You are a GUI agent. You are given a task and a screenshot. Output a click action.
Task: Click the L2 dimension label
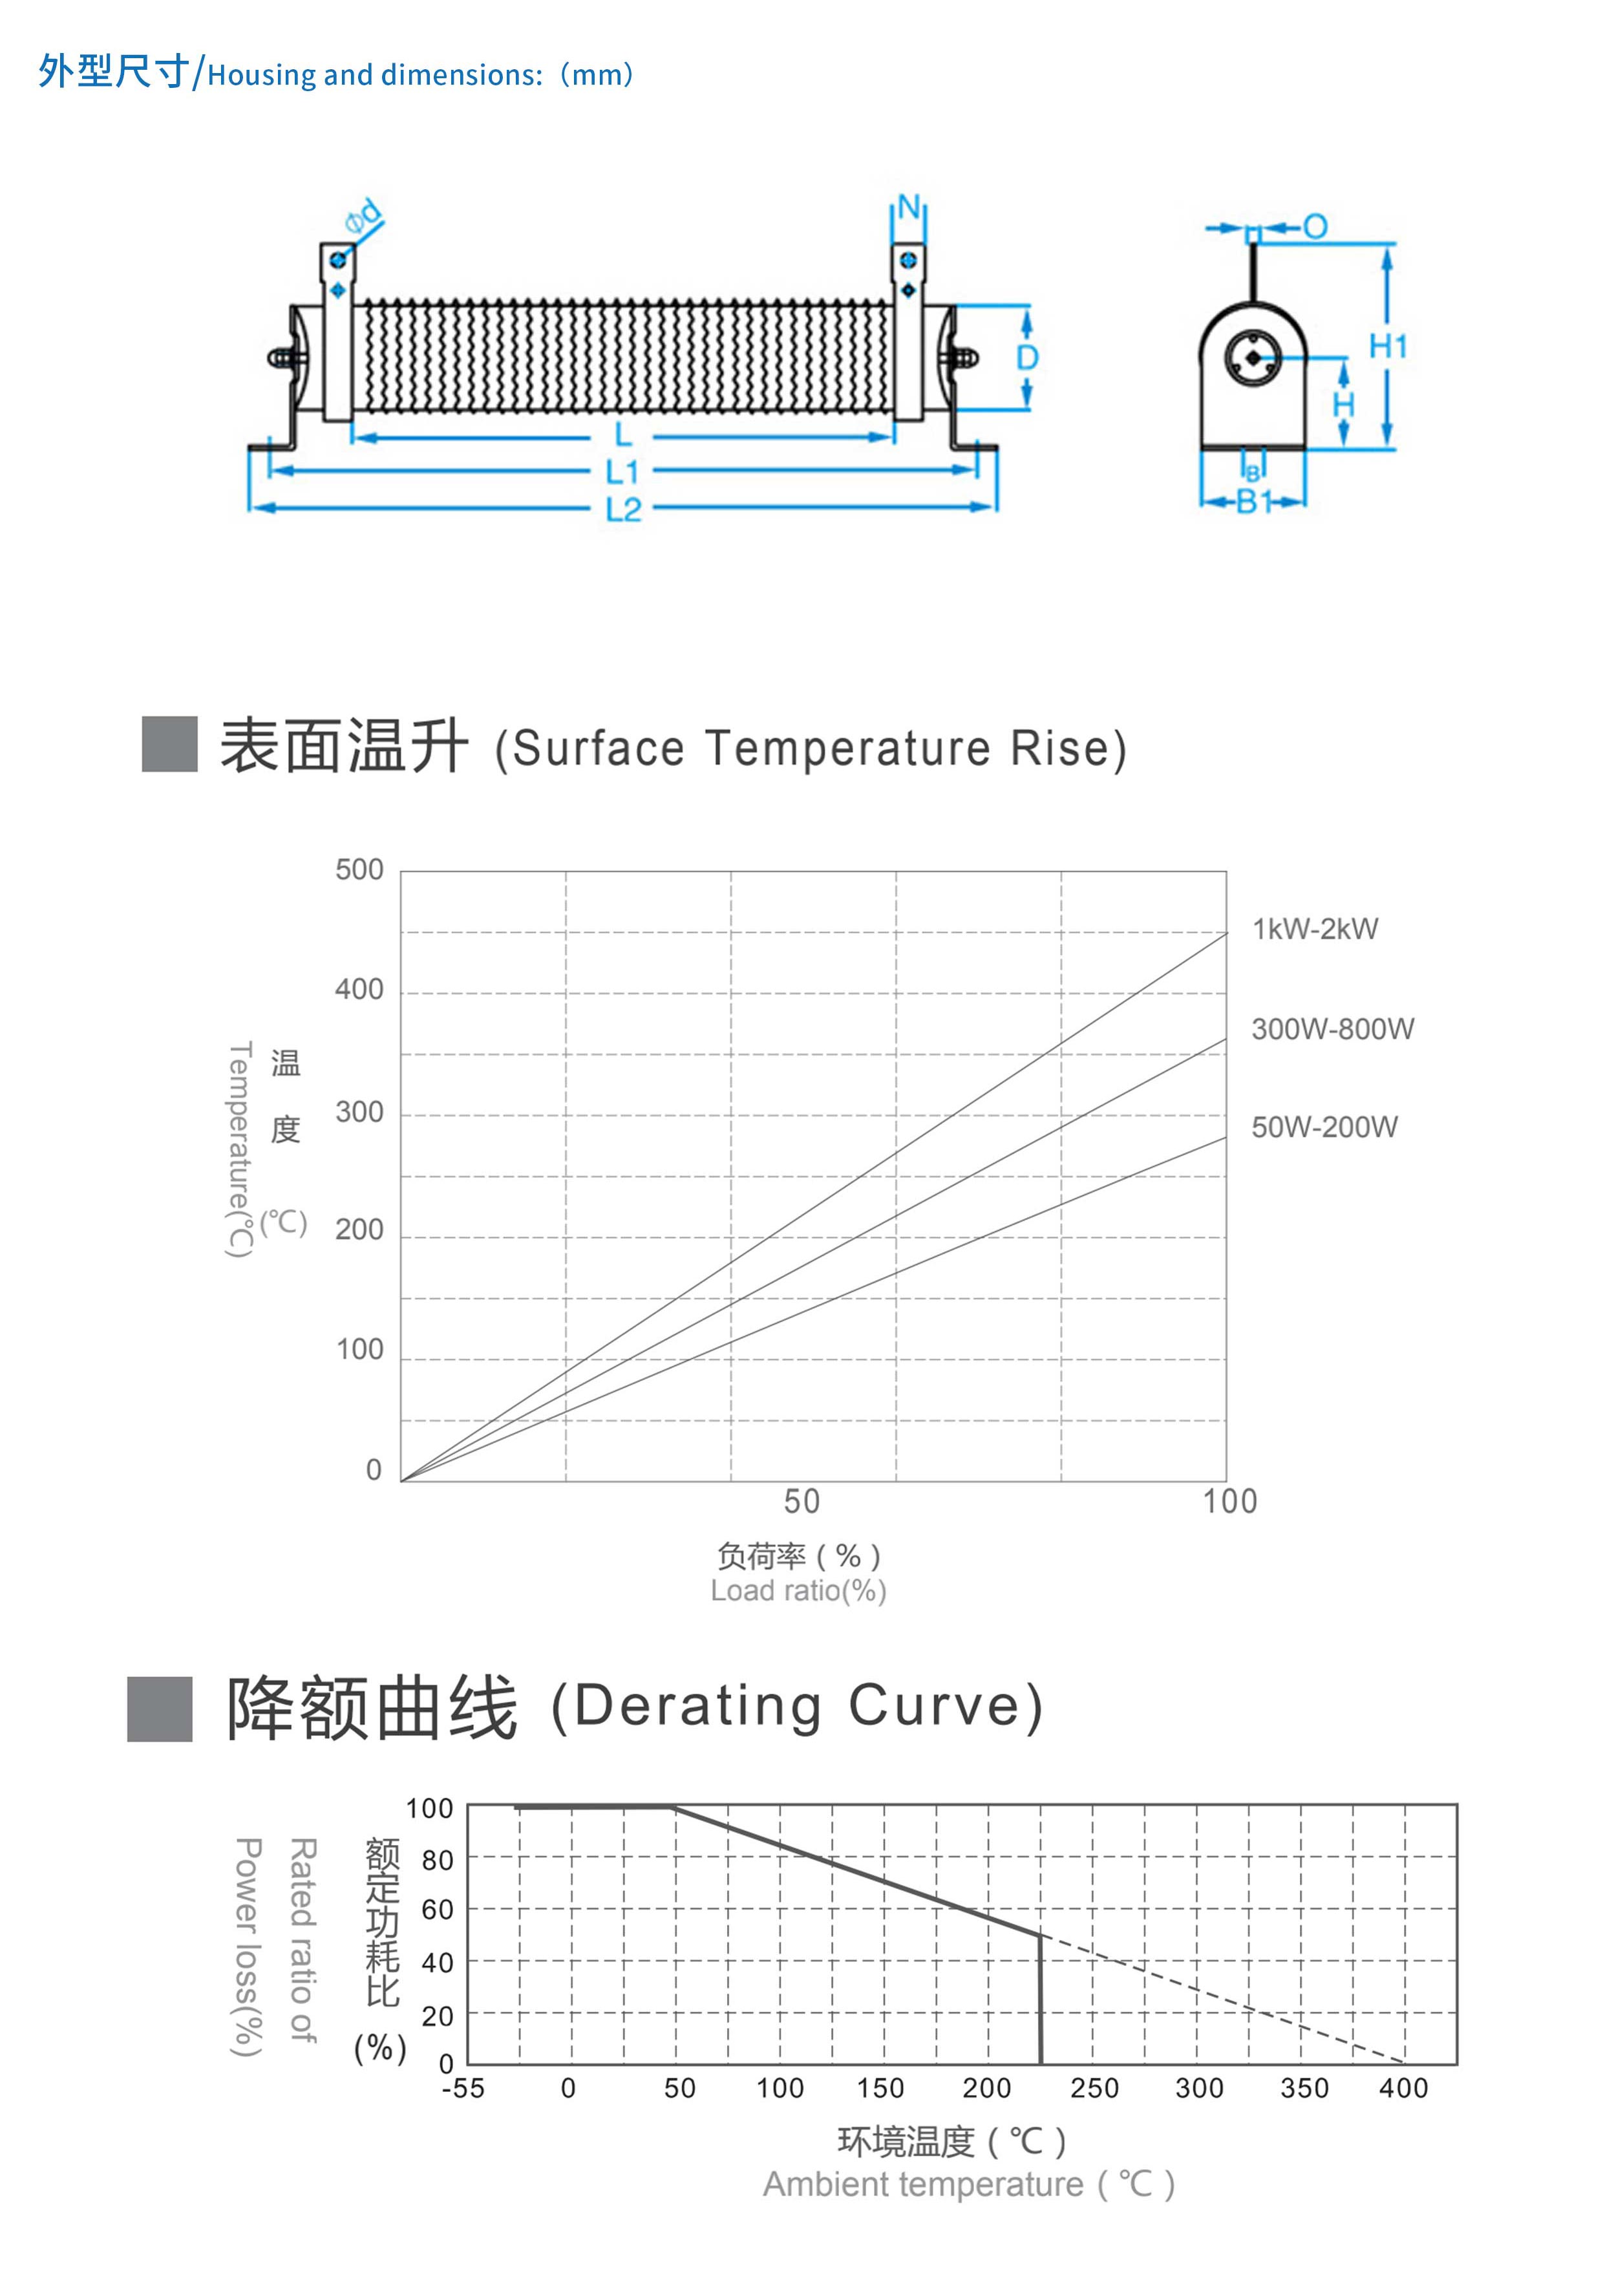(623, 509)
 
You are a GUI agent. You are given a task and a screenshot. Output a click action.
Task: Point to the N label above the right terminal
(908, 207)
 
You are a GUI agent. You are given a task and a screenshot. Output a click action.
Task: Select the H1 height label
(1387, 347)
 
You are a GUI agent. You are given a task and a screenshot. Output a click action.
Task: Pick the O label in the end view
(1315, 227)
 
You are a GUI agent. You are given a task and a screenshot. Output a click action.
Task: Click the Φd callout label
(363, 216)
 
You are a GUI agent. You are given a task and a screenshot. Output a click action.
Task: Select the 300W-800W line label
(1332, 1029)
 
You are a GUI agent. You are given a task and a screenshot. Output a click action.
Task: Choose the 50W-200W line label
(1324, 1127)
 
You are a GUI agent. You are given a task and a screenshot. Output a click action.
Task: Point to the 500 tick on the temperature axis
(359, 870)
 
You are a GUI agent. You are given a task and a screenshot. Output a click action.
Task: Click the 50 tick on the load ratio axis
(801, 1501)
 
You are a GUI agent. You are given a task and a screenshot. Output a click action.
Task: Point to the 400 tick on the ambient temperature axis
(1403, 2088)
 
